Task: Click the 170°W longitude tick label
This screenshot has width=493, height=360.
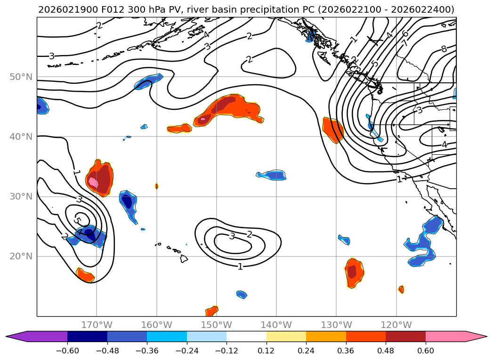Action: (x=97, y=325)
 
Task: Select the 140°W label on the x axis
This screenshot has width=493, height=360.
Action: (x=276, y=325)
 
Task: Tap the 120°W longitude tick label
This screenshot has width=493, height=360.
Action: (x=396, y=325)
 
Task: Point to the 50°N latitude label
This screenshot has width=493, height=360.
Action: (x=21, y=77)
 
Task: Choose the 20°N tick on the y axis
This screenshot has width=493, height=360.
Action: (x=21, y=256)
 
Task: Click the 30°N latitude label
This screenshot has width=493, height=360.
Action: (x=21, y=196)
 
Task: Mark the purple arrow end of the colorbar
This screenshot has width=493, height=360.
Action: (x=14, y=336)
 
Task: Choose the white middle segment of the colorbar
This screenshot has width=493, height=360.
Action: (x=246, y=336)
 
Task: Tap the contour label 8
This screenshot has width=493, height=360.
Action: (x=444, y=49)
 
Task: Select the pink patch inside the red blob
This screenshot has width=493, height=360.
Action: (x=93, y=182)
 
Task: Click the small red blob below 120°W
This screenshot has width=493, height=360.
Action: (x=401, y=289)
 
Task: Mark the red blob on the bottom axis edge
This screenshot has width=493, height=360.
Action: (x=212, y=311)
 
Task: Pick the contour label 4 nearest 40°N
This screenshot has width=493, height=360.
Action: (x=444, y=144)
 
